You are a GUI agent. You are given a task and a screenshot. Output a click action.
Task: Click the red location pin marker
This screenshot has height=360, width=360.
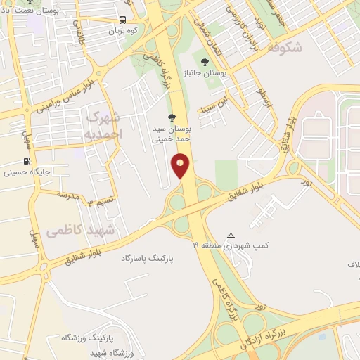click(x=181, y=165)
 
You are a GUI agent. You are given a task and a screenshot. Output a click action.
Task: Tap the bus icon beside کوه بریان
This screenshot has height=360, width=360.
click(x=123, y=20)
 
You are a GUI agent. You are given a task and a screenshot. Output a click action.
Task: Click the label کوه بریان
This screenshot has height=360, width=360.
click(x=124, y=32)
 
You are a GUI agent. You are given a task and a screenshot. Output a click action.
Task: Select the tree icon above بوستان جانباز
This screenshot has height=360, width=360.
click(x=205, y=61)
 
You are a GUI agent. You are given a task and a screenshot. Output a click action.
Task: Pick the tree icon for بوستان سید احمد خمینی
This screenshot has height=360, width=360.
click(x=172, y=117)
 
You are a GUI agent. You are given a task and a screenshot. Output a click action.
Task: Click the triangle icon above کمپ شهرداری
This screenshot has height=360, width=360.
click(x=231, y=236)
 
